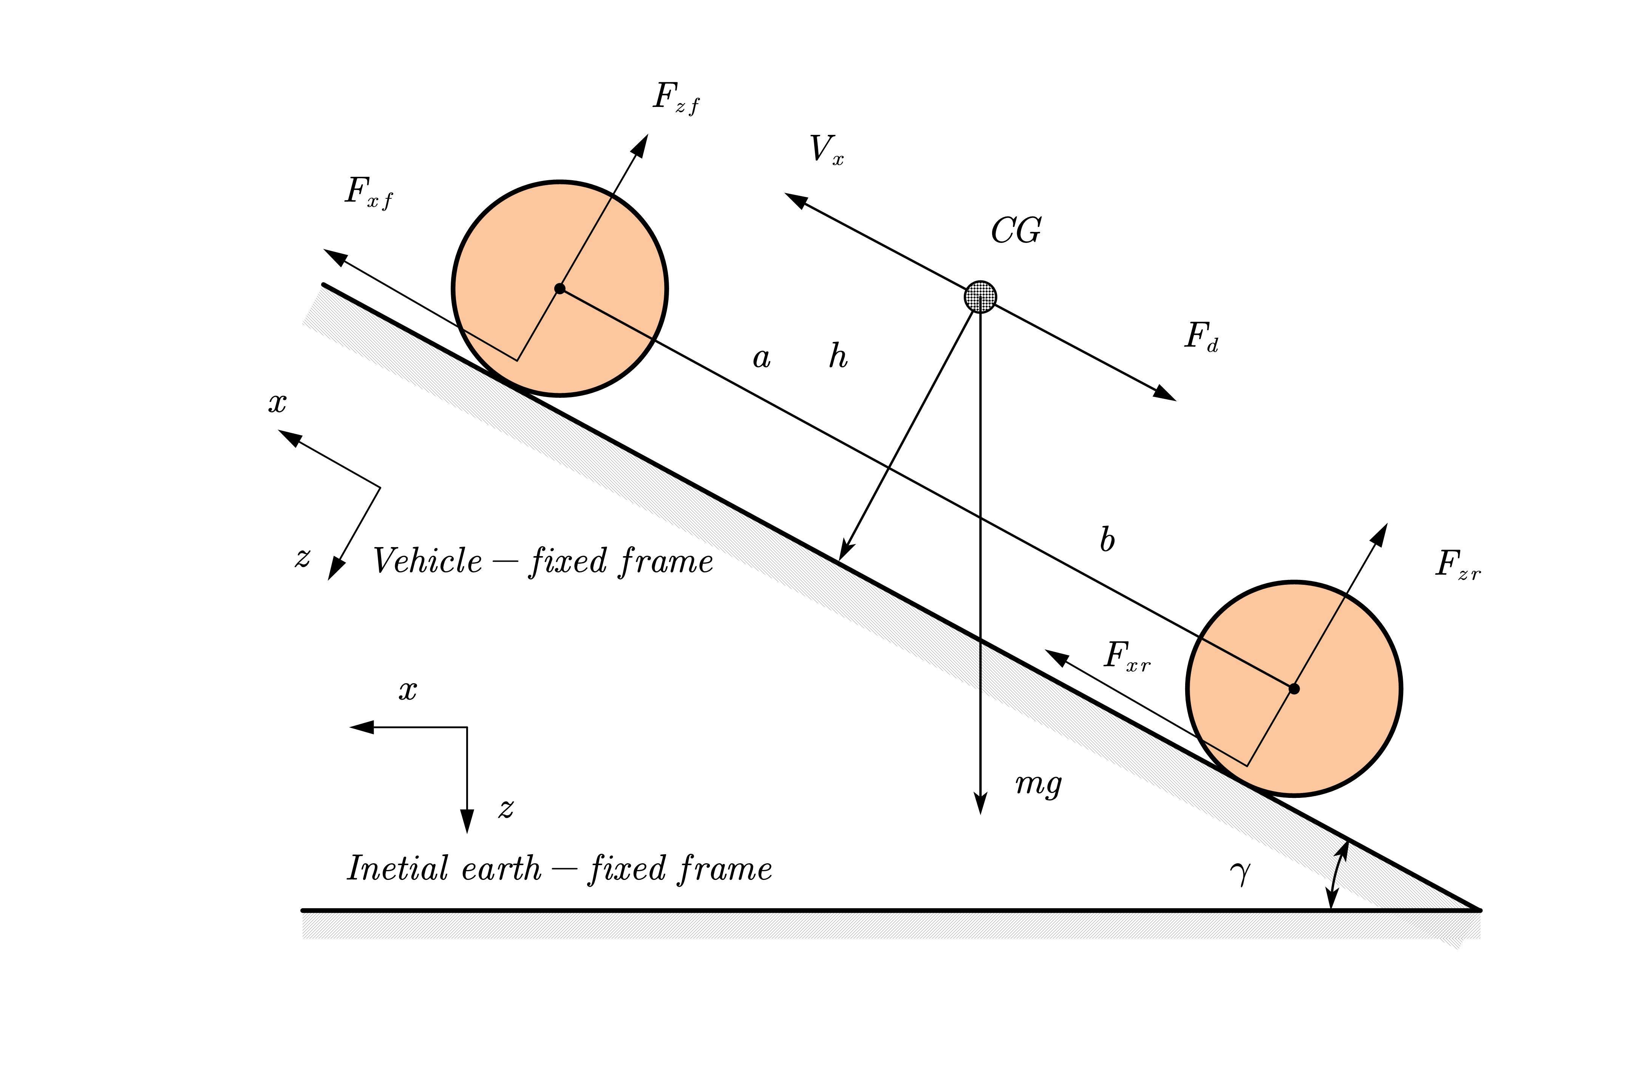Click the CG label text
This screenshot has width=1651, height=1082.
(x=1016, y=231)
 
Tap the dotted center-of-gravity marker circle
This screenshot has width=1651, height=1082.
(x=980, y=297)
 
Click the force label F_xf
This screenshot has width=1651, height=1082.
(x=369, y=193)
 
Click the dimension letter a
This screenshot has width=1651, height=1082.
(x=762, y=359)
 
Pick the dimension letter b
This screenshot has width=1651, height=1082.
(x=1107, y=539)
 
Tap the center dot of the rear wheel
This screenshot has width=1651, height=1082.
(x=1294, y=689)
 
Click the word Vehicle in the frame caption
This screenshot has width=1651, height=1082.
(x=427, y=561)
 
